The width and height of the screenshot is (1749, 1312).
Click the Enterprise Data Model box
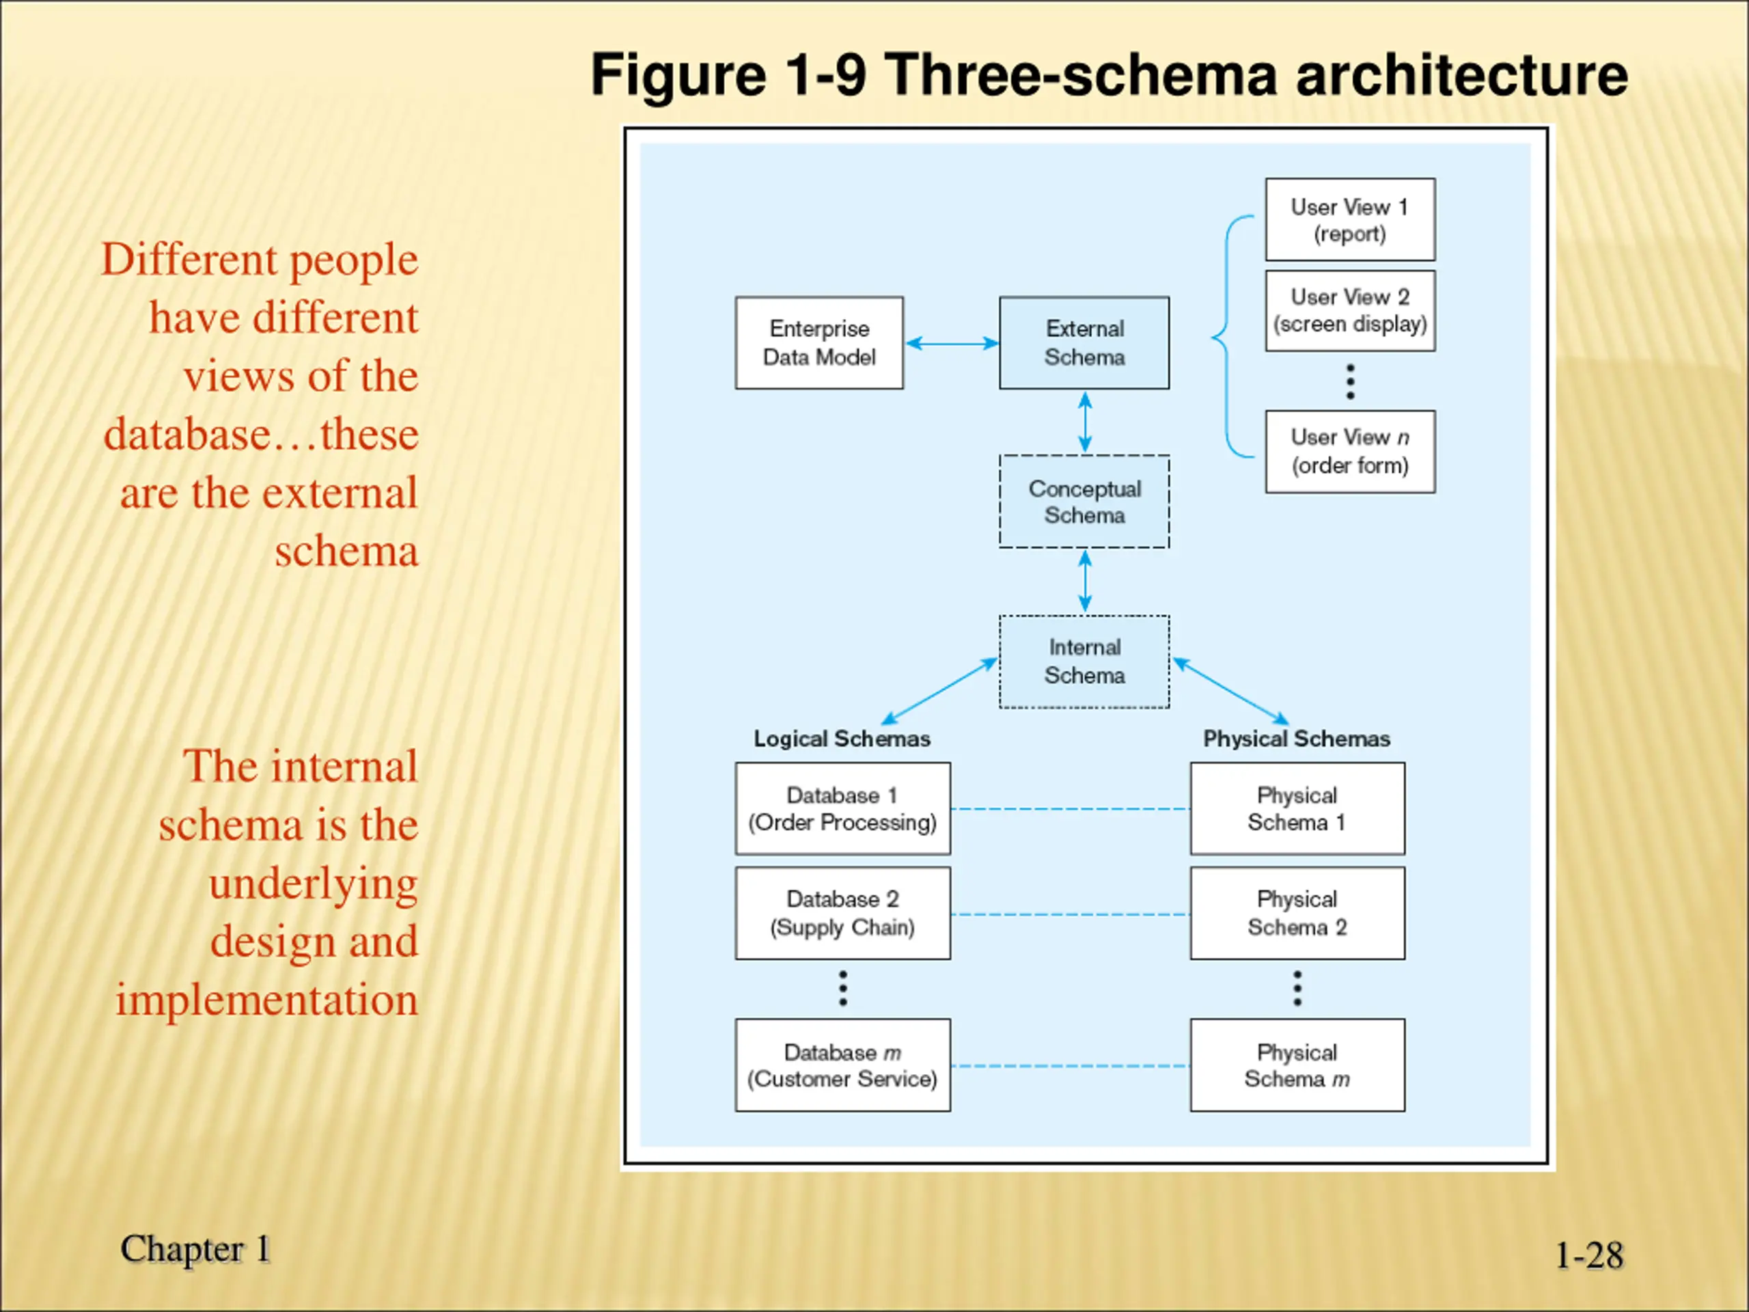point(819,342)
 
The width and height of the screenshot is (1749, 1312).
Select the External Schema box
point(1084,342)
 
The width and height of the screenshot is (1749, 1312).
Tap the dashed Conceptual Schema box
point(1084,502)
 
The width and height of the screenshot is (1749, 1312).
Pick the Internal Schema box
point(1084,661)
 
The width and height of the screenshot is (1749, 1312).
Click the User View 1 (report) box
point(1350,219)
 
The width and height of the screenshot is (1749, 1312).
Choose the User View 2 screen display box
point(1350,311)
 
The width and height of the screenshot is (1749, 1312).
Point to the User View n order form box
point(1350,452)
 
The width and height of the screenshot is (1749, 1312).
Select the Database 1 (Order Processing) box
point(842,808)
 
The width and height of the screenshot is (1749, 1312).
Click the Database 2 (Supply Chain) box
point(842,913)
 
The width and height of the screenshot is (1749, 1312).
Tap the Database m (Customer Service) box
point(842,1065)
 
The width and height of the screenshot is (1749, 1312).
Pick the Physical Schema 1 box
point(1297,808)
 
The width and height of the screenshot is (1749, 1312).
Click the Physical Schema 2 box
point(1297,913)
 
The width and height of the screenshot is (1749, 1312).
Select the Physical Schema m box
point(1297,1065)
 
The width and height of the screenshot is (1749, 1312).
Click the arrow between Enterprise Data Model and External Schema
point(952,343)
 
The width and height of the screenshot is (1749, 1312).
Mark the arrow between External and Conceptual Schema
point(1085,422)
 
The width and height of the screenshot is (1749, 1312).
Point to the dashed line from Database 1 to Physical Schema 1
point(1071,809)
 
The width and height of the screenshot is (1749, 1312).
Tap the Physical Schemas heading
point(1297,739)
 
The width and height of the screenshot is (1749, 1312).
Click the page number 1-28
point(1589,1255)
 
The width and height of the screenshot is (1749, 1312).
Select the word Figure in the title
point(678,77)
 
